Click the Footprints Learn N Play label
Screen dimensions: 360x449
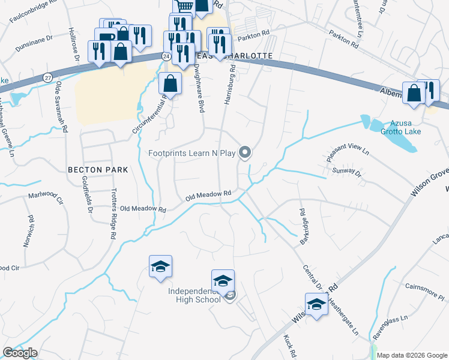[192, 153]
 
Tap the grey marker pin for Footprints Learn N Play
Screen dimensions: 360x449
[245, 153]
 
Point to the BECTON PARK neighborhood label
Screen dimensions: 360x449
[98, 170]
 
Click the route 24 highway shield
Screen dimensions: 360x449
[164, 54]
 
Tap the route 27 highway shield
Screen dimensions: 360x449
[48, 77]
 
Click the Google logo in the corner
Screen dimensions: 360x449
[20, 353]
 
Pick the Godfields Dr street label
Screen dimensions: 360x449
[89, 194]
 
